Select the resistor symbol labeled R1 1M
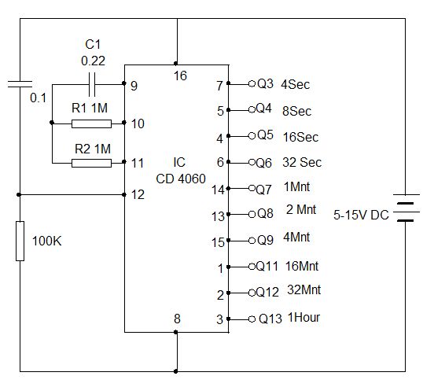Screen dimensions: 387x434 91,123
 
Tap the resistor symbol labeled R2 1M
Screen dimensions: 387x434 91,163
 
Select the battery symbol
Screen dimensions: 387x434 405,208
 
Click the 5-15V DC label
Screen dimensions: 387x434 361,214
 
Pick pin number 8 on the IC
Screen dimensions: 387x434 178,319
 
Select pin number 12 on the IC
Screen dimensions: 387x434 138,193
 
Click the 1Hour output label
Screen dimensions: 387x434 303,319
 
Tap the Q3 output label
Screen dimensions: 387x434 265,83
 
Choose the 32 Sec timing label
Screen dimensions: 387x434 300,163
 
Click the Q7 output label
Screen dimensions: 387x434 265,190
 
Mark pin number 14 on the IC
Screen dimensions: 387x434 219,190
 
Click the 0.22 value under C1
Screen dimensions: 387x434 94,60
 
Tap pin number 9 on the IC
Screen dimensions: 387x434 134,85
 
